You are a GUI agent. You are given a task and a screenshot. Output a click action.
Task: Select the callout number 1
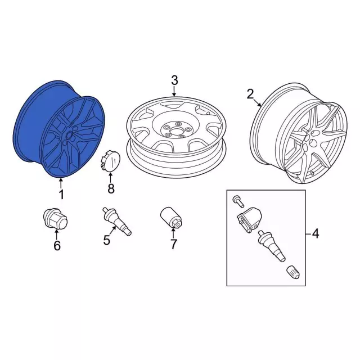point(61,195)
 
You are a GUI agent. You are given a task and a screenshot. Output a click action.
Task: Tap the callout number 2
point(250,94)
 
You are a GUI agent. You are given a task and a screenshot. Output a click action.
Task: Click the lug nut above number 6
point(55,219)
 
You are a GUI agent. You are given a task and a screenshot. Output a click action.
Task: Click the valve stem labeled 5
point(117,221)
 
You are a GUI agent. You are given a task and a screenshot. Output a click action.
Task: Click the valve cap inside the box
point(294,272)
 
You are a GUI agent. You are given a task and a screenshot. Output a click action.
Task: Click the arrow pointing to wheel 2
point(258,102)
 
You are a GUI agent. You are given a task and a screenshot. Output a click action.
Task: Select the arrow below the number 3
point(174,91)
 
